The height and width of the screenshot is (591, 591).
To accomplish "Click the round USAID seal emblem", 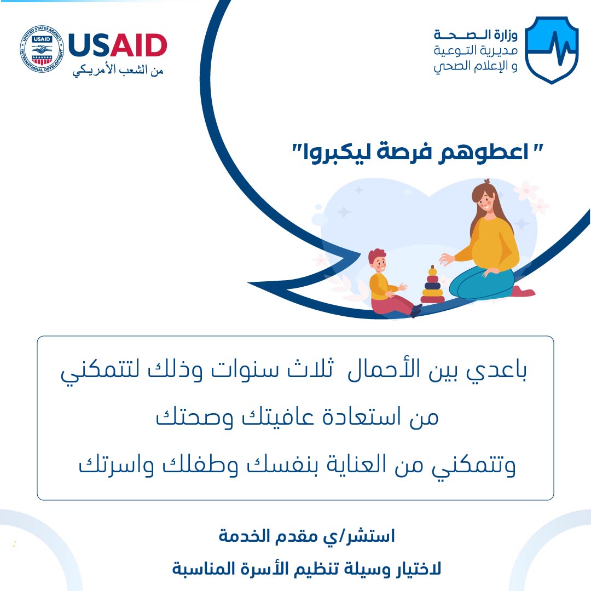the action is tap(42, 49).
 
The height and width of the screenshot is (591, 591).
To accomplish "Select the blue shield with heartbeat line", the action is tap(552, 50).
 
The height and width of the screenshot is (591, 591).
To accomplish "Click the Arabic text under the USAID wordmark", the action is tap(118, 70).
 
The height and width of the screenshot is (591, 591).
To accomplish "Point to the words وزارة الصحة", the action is tap(476, 35).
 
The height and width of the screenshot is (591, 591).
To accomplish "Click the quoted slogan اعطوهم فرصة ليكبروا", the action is tap(418, 153).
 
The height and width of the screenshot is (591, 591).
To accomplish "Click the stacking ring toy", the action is tap(432, 285).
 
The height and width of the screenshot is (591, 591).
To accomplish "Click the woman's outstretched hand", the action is tap(447, 259).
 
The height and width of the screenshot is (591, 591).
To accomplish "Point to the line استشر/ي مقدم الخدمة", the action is tap(306, 536).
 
